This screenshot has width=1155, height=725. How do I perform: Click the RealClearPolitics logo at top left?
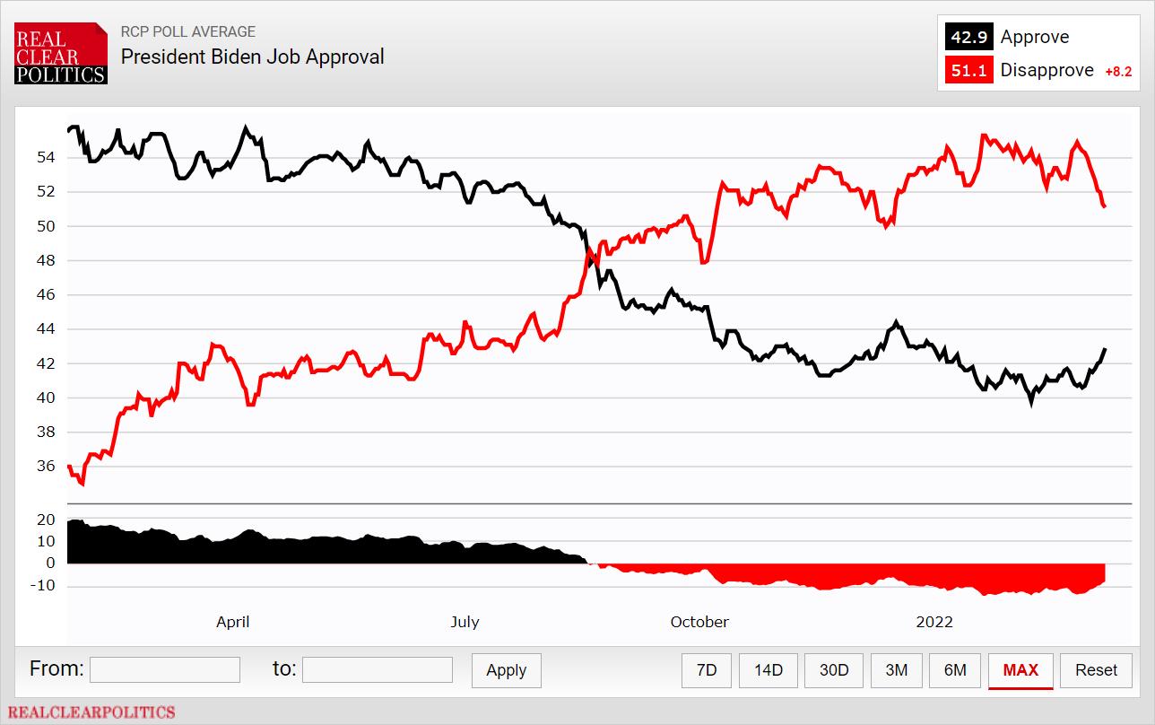[x=61, y=54]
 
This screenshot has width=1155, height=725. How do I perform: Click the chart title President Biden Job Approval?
[x=253, y=57]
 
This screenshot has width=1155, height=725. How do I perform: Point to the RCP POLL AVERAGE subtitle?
[x=188, y=31]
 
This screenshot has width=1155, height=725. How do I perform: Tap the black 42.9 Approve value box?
[x=968, y=37]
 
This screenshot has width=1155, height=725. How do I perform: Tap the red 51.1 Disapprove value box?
[x=968, y=70]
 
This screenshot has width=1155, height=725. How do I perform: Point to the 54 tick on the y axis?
[x=46, y=157]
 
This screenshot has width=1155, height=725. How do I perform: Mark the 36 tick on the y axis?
[x=46, y=467]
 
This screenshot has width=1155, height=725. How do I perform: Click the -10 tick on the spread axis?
[x=44, y=586]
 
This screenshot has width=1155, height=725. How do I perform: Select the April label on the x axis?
[x=233, y=622]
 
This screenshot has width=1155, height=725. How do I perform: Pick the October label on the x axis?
[x=699, y=622]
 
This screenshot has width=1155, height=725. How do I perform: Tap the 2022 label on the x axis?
[x=934, y=622]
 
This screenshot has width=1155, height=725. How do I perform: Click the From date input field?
[x=165, y=670]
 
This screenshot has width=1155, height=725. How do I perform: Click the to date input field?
[x=378, y=670]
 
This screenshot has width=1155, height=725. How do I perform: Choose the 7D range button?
[x=707, y=670]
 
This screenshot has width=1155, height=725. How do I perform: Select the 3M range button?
[x=896, y=670]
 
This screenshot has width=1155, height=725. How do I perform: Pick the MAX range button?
[x=1020, y=670]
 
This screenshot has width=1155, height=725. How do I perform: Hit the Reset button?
[x=1096, y=670]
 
